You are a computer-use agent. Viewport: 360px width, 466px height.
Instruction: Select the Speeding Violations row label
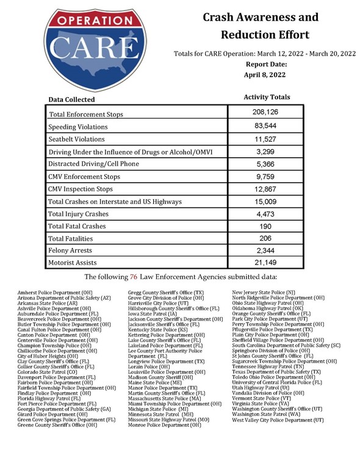click(x=77, y=127)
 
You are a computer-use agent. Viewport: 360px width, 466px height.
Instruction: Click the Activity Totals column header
click(x=267, y=97)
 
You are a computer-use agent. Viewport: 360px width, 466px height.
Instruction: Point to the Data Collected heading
click(x=72, y=100)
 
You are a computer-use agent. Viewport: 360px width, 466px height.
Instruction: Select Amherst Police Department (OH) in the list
click(x=56, y=293)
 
